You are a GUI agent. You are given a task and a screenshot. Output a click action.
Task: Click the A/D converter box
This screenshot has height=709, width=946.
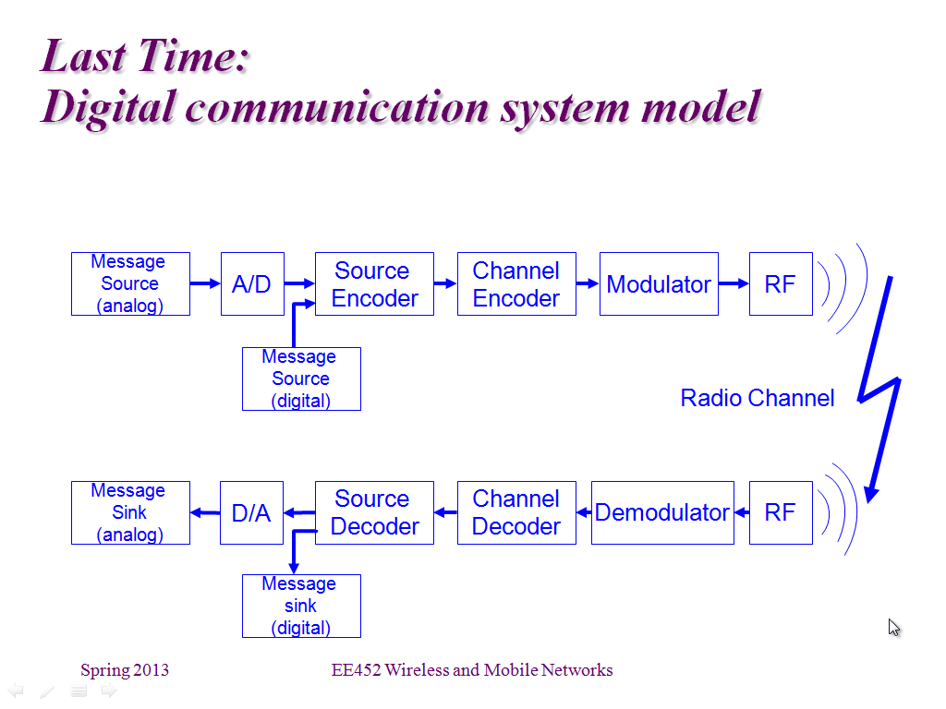coord(252,284)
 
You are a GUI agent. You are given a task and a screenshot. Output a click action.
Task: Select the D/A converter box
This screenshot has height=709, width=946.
coord(251,513)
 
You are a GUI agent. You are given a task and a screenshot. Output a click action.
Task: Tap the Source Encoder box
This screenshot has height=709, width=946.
coord(374,284)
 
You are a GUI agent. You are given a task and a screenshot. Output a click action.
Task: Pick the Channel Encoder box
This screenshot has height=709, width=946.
coord(516,284)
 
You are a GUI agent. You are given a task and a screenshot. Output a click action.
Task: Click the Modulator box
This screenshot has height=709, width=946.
coord(659,284)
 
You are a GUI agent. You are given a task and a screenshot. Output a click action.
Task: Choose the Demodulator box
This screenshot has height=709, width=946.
coord(662,513)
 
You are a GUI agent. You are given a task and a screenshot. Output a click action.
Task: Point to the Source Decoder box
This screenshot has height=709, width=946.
coord(374,513)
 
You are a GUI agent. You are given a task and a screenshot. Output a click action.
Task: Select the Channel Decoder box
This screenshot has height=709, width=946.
coord(516,513)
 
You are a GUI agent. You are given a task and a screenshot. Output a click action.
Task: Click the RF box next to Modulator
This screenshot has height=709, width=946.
coord(781,284)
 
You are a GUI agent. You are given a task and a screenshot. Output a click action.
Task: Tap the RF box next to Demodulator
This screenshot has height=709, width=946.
coord(781,513)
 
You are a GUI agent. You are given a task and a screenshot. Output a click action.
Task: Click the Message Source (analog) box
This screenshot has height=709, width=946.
coord(130,284)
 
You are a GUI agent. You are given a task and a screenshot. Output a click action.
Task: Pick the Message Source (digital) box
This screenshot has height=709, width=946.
coord(301,379)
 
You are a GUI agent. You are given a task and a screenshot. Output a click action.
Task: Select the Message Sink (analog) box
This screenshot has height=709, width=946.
coord(130,513)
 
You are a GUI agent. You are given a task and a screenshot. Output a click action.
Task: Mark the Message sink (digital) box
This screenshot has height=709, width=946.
coord(301,606)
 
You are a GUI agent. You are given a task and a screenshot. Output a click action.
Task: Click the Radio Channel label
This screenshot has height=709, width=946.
coord(758,398)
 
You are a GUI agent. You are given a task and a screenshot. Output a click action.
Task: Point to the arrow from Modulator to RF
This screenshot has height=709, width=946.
coord(734,283)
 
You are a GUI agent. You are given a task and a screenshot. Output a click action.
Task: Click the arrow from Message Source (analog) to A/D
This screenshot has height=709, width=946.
coord(205,283)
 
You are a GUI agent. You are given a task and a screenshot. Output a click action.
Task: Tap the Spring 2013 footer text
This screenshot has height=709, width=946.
coord(125,670)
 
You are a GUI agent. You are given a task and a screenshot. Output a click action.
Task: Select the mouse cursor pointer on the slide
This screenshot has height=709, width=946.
coord(893,627)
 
